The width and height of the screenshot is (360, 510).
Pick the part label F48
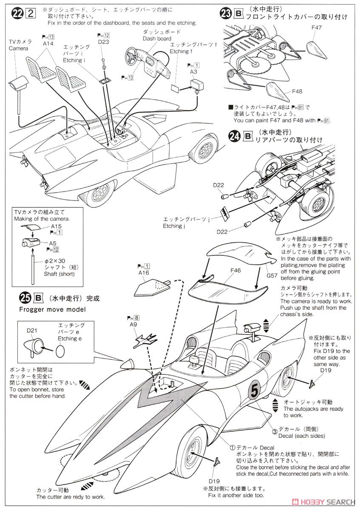(x=297, y=91)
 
